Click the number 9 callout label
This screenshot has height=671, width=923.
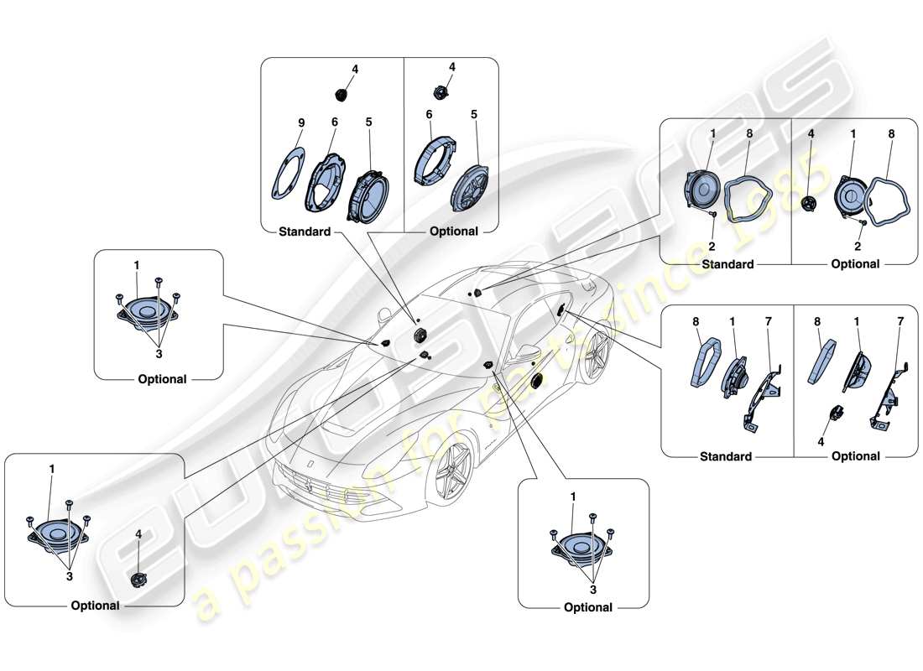click(301, 122)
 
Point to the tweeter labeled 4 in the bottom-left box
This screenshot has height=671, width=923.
click(138, 578)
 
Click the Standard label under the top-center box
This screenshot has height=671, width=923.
click(305, 231)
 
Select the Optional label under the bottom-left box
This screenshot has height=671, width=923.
click(95, 606)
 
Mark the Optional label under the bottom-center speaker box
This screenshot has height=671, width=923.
click(588, 607)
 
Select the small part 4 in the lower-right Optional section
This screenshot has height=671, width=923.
click(836, 414)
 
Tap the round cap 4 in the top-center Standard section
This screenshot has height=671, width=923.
click(342, 93)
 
